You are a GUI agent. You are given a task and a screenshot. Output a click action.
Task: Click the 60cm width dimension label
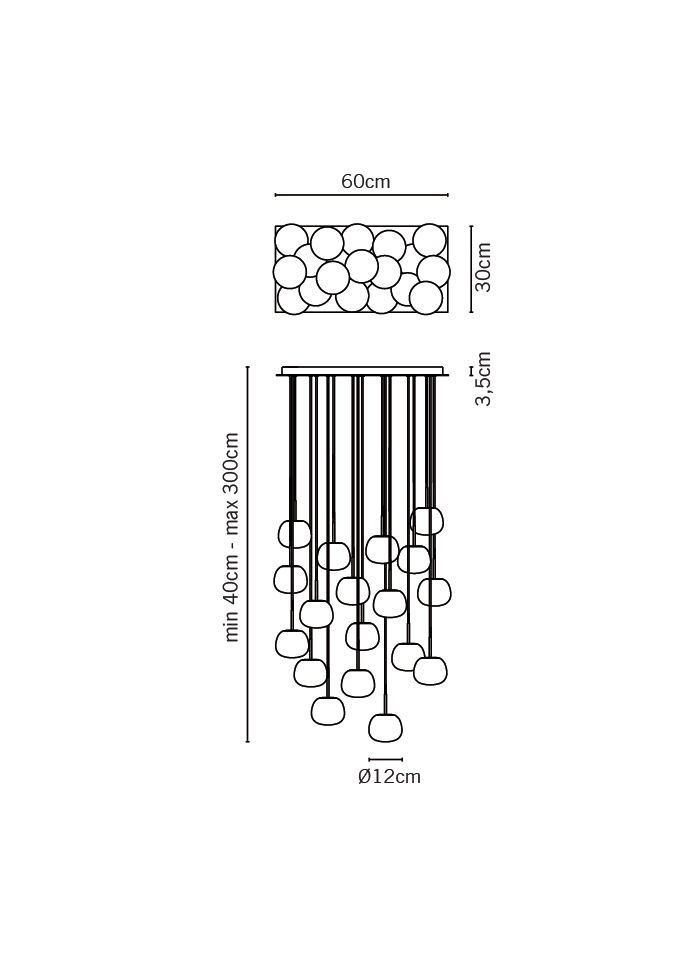pos(366,181)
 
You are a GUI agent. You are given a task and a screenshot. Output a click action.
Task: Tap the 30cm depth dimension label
pos(483,267)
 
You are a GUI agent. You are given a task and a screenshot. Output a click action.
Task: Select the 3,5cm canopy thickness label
pos(483,379)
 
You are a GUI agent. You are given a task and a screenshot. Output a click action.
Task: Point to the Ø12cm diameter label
pos(389,776)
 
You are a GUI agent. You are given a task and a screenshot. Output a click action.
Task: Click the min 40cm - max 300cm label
pos(231,538)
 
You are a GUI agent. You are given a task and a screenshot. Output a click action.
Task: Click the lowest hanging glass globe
pos(386,728)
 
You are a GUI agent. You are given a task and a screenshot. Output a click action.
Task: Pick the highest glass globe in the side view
pos(428,521)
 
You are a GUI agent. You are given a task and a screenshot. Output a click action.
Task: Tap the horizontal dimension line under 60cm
pos(362,195)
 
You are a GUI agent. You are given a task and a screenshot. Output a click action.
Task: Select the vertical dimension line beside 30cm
pos(471,269)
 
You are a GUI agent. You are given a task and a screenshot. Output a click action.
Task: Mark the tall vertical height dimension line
pos(248,554)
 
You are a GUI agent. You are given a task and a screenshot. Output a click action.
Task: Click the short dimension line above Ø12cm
pos(386,760)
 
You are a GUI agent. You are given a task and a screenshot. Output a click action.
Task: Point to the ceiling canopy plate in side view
pos(362,371)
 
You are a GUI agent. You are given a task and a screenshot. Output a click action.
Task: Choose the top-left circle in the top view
pos(291,241)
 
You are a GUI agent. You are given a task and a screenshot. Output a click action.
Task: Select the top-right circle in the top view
pos(429,240)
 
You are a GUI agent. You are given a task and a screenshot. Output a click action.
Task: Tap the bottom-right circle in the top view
pos(426,298)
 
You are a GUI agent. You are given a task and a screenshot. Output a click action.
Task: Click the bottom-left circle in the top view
pos(292,298)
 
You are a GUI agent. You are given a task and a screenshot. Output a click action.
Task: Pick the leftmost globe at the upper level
pos(294,534)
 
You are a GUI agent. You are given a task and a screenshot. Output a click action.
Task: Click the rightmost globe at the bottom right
pos(431,671)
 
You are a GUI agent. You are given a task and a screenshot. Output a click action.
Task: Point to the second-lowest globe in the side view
pos(328,711)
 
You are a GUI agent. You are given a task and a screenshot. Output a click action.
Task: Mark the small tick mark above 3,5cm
pos(471,371)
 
